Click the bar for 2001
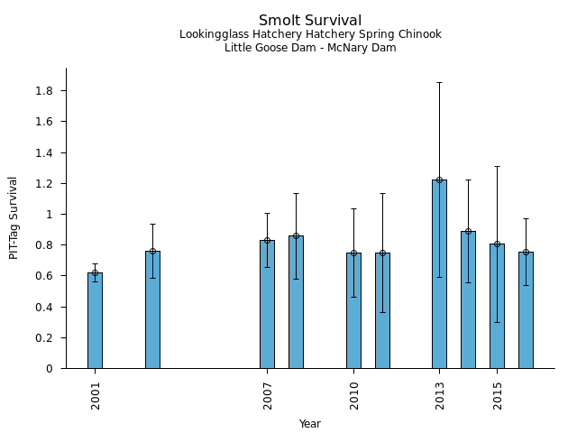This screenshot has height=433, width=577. (x=95, y=320)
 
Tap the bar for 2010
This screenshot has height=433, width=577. (x=353, y=310)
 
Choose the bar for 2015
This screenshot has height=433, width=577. (x=497, y=306)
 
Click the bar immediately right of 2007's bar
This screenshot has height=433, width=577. (x=296, y=302)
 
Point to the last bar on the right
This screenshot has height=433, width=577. (x=526, y=310)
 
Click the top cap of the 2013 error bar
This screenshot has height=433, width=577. (x=439, y=83)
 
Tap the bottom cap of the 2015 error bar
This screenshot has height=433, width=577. (x=497, y=322)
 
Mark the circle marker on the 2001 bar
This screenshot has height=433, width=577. (x=95, y=272)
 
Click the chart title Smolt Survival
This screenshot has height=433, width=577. (x=310, y=21)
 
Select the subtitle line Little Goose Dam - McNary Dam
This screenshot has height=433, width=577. (x=310, y=48)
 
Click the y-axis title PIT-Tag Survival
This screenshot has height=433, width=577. (x=14, y=217)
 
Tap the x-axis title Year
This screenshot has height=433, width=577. (x=310, y=424)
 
